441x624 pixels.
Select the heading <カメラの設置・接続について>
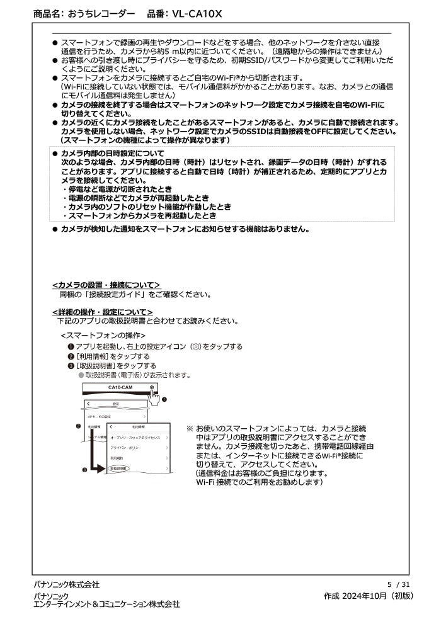[106, 285]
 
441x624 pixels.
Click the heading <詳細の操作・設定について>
[102, 312]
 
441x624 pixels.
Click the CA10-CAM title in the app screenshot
[120, 387]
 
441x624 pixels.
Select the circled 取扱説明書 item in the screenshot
[118, 469]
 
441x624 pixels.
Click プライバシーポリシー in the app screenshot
[127, 447]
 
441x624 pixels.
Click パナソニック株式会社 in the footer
[66, 585]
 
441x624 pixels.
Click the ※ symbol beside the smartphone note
[190, 428]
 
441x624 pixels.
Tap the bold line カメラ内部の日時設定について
[112, 154]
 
